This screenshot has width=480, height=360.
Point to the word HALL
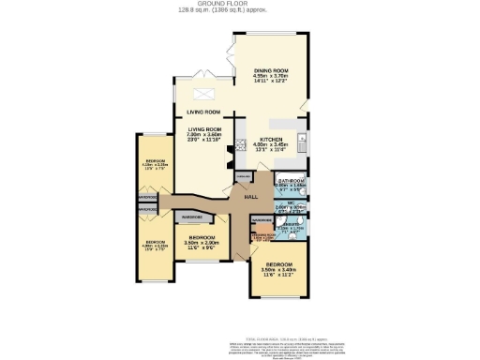[250, 197]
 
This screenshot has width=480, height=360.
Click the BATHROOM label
[292, 180]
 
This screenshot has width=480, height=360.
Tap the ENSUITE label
[292, 224]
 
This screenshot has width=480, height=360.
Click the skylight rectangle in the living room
[203, 95]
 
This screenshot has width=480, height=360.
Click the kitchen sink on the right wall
[301, 142]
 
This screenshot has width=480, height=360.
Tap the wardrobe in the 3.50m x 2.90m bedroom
[192, 217]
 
